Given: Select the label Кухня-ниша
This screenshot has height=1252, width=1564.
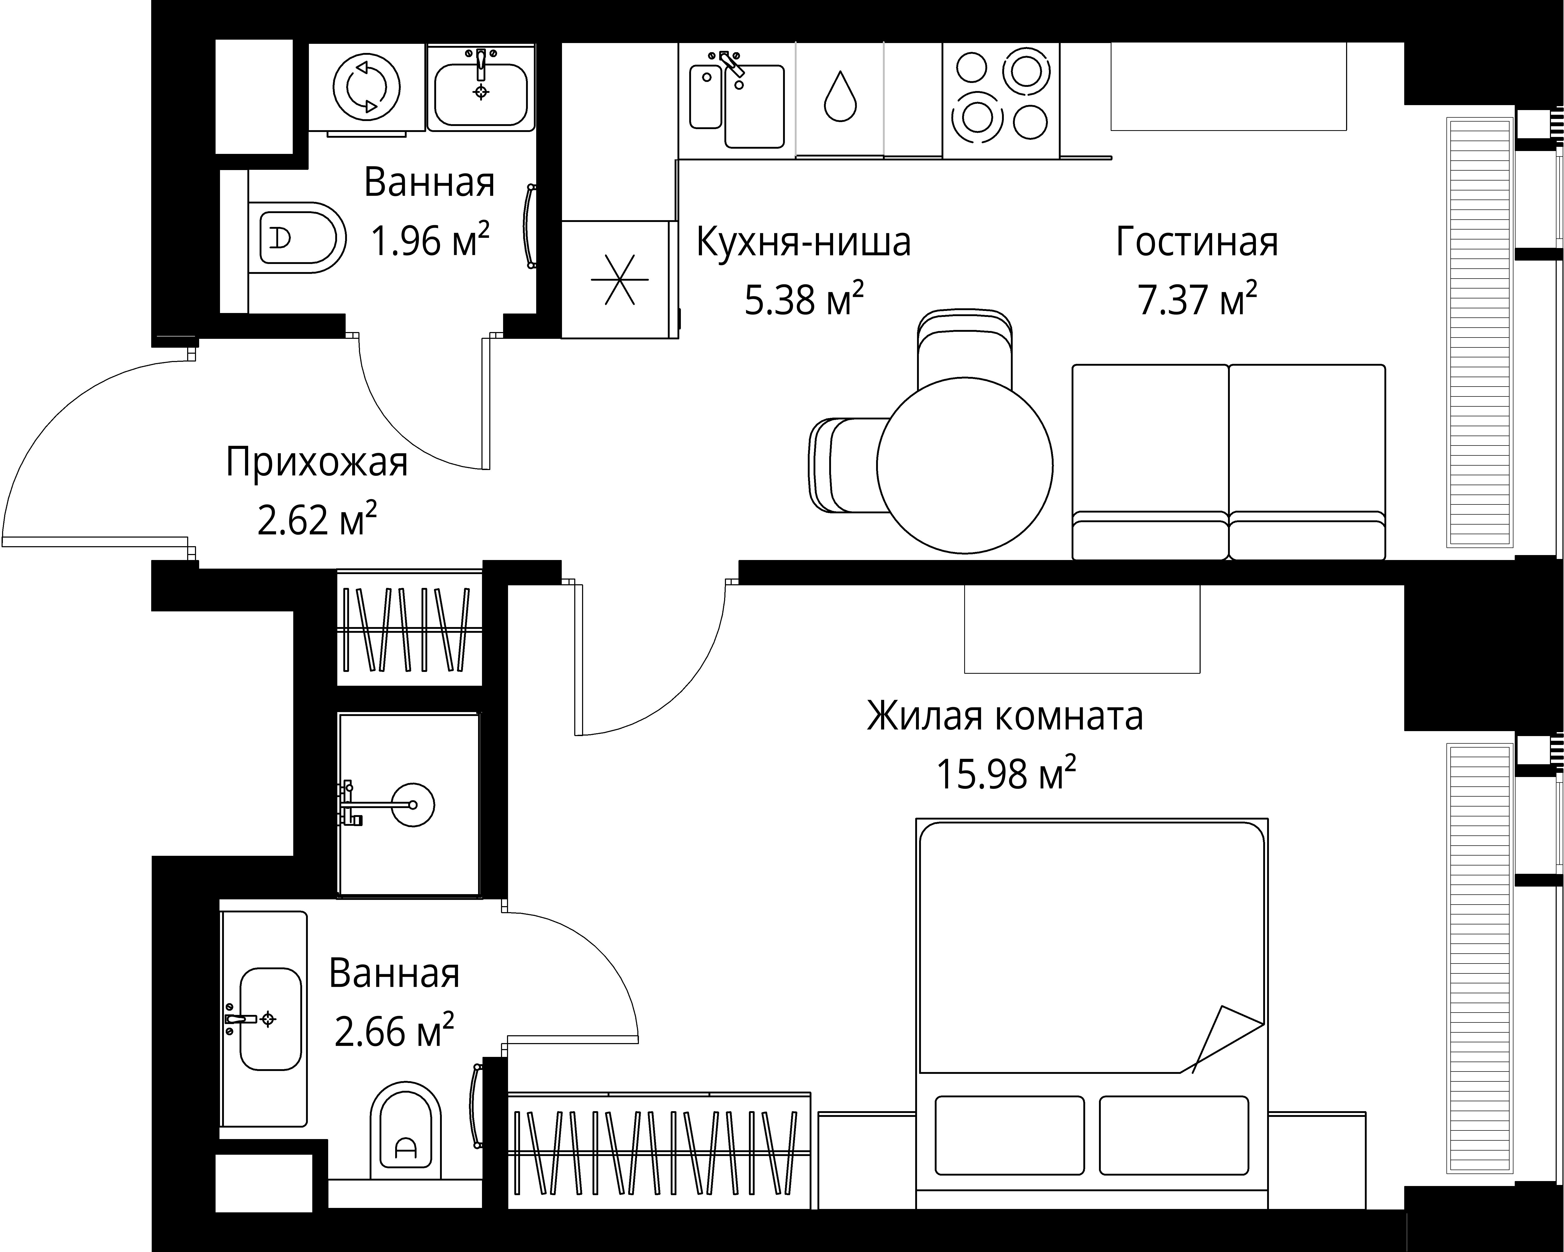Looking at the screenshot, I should pyautogui.click(x=803, y=242).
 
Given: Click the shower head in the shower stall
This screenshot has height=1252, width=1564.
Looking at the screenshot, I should pyautogui.click(x=412, y=805).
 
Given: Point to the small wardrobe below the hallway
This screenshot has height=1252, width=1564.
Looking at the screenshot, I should pyautogui.click(x=409, y=629).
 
